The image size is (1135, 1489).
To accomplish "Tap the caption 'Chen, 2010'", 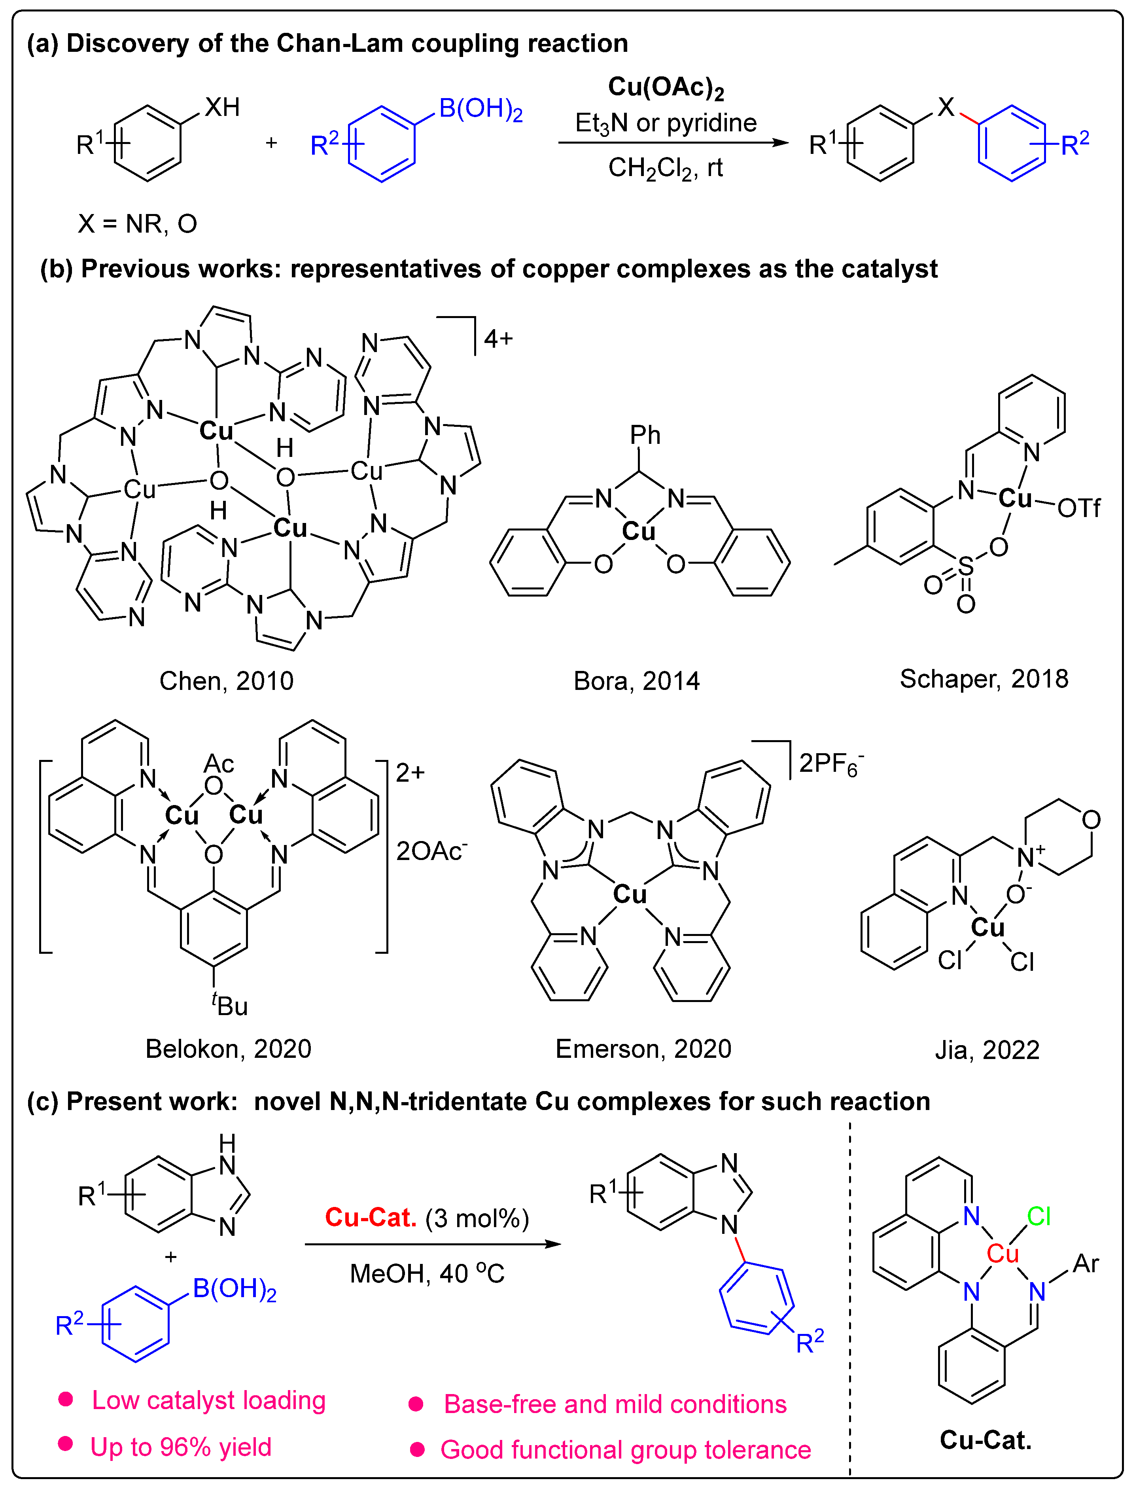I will point(226,681).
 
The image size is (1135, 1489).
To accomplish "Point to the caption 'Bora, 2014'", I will point(636,681).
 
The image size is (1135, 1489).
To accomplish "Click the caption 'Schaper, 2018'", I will point(984,678).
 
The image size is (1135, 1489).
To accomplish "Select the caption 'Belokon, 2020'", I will point(228,1048).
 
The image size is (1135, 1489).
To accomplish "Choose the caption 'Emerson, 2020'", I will point(643,1048).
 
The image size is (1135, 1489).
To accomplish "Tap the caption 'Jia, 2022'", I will point(986,1049).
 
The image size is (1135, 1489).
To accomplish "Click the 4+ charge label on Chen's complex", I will point(498,338).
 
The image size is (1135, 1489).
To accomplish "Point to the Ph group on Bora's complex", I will point(645,435).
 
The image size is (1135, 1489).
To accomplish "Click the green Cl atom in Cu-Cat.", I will point(1039,1216).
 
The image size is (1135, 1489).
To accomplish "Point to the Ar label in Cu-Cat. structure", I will point(1086,1263).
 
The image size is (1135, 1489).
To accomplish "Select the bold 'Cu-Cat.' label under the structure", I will point(985,1440).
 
